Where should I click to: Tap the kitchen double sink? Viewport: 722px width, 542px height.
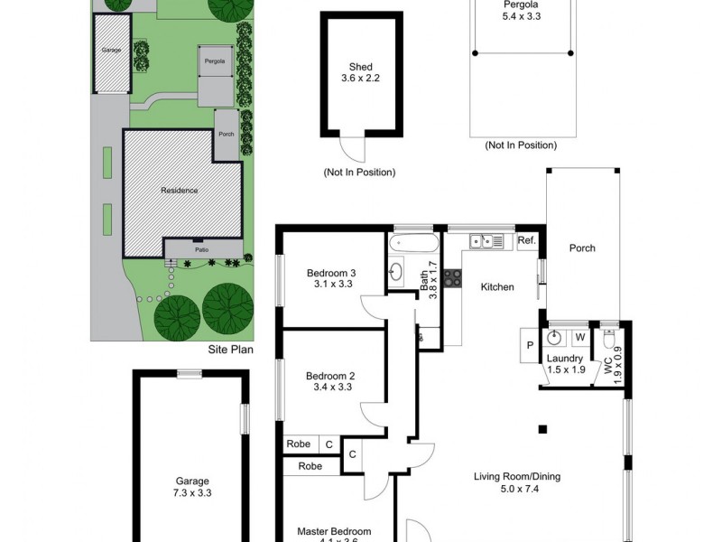coord(486,240)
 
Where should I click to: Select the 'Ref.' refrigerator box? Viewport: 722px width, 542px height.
coord(527,240)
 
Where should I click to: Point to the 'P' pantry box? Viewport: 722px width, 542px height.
coord(529,344)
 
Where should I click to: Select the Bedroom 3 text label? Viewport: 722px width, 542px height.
coord(331,273)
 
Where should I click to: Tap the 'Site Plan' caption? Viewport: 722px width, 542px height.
coord(231,349)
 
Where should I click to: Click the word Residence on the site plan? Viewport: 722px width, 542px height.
coord(179,191)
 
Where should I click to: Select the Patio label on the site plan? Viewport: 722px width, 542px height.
coord(202,249)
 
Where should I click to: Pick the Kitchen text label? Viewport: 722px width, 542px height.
coord(496,287)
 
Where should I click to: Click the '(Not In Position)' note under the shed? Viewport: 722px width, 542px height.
coord(359,172)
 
